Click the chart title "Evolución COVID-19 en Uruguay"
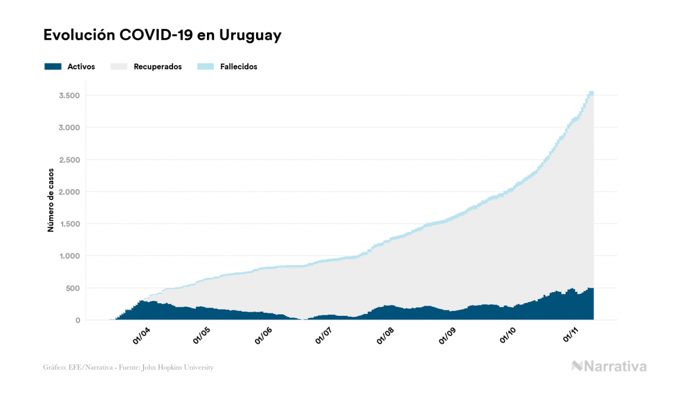(162, 36)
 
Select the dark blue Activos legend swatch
(53, 66)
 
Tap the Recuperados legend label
(158, 66)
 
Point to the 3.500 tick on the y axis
(69, 96)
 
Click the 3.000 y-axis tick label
(69, 128)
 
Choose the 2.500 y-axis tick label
(69, 160)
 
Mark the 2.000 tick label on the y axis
(69, 192)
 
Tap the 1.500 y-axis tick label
(69, 224)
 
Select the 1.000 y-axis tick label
(69, 256)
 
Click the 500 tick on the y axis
(73, 288)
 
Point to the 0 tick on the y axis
(78, 320)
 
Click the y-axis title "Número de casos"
(51, 200)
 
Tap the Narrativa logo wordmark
(609, 366)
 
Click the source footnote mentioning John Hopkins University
(128, 367)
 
